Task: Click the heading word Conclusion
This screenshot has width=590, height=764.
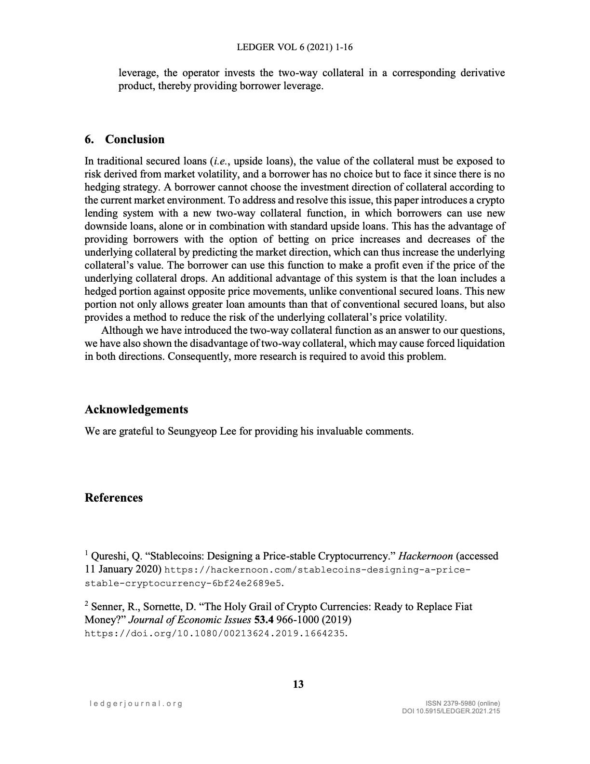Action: tap(134, 139)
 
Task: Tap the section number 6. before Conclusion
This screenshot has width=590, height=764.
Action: tap(89, 139)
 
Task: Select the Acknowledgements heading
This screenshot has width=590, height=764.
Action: tap(136, 409)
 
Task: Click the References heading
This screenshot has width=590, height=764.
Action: tap(114, 498)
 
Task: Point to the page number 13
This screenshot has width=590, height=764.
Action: tap(298, 684)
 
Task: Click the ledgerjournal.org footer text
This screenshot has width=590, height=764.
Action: tap(136, 703)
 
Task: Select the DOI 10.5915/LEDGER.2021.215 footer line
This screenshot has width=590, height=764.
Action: tap(451, 711)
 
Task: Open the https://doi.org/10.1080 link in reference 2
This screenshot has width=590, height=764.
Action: tap(215, 633)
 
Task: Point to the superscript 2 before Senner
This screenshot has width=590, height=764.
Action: tap(87, 604)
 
